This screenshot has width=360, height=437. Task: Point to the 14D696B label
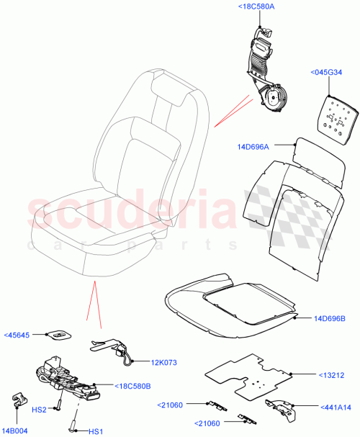tap(330, 317)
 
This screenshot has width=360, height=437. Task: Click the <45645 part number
tap(18, 335)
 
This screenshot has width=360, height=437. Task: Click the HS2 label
tap(41, 410)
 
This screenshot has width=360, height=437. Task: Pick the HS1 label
tap(95, 431)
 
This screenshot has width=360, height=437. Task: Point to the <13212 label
tap(333, 375)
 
